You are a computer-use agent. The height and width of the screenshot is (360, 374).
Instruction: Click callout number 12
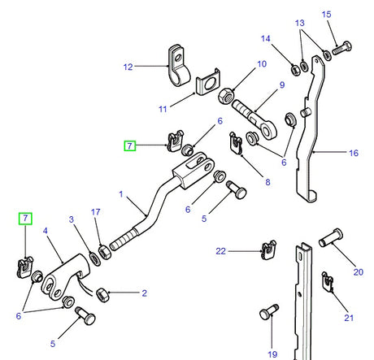pyautogui.click(x=127, y=67)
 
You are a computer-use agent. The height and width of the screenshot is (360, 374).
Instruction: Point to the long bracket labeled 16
pyautogui.click(x=310, y=146)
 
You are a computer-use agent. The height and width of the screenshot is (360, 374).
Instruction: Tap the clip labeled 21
pyautogui.click(x=328, y=282)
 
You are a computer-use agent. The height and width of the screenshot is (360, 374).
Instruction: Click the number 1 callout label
pyautogui.click(x=120, y=195)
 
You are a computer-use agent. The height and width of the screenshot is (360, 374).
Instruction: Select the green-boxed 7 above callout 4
pyautogui.click(x=26, y=218)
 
